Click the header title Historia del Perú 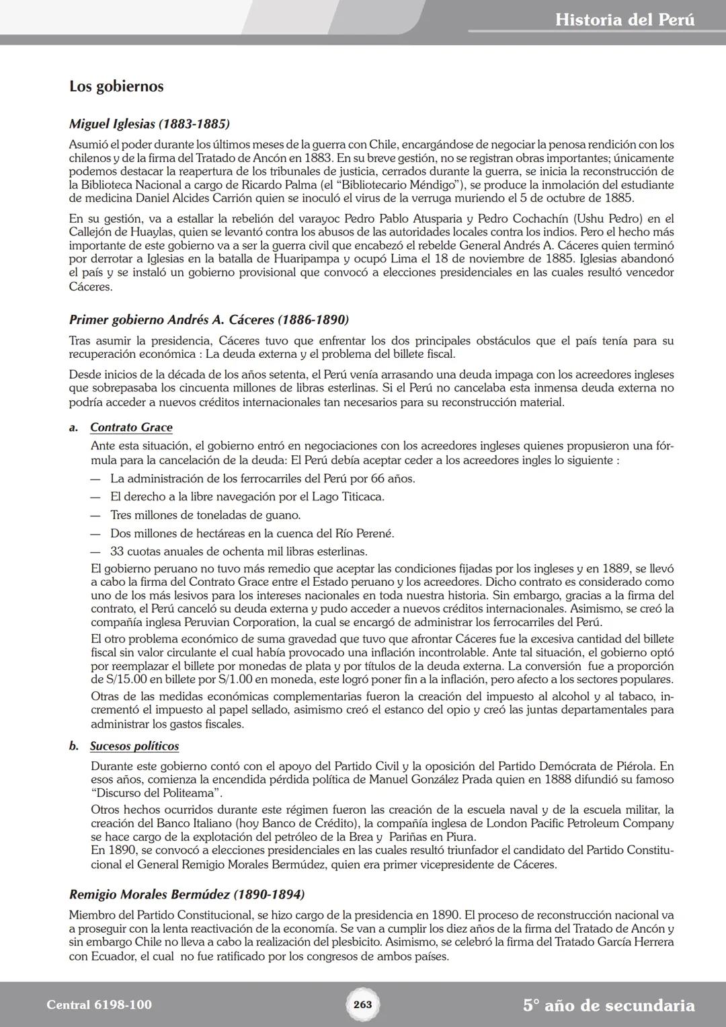pyautogui.click(x=624, y=20)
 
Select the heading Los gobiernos pyautogui.click(x=116, y=87)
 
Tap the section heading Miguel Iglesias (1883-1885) pyautogui.click(x=149, y=124)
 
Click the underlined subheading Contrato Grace pyautogui.click(x=131, y=427)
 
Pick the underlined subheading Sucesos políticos pyautogui.click(x=134, y=746)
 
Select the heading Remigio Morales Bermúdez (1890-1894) pyautogui.click(x=187, y=895)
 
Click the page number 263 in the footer pyautogui.click(x=362, y=1004)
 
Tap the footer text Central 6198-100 pyautogui.click(x=99, y=1005)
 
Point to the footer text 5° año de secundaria pyautogui.click(x=608, y=1005)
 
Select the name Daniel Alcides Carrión pyautogui.click(x=194, y=198)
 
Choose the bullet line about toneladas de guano pyautogui.click(x=205, y=515)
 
